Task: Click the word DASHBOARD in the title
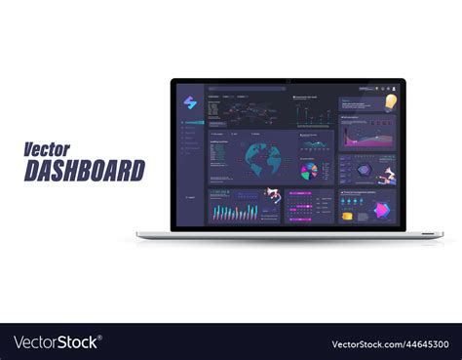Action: click(84, 171)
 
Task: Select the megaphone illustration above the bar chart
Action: click(273, 193)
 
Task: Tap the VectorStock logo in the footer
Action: click(58, 342)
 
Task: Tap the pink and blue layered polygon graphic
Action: click(382, 209)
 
